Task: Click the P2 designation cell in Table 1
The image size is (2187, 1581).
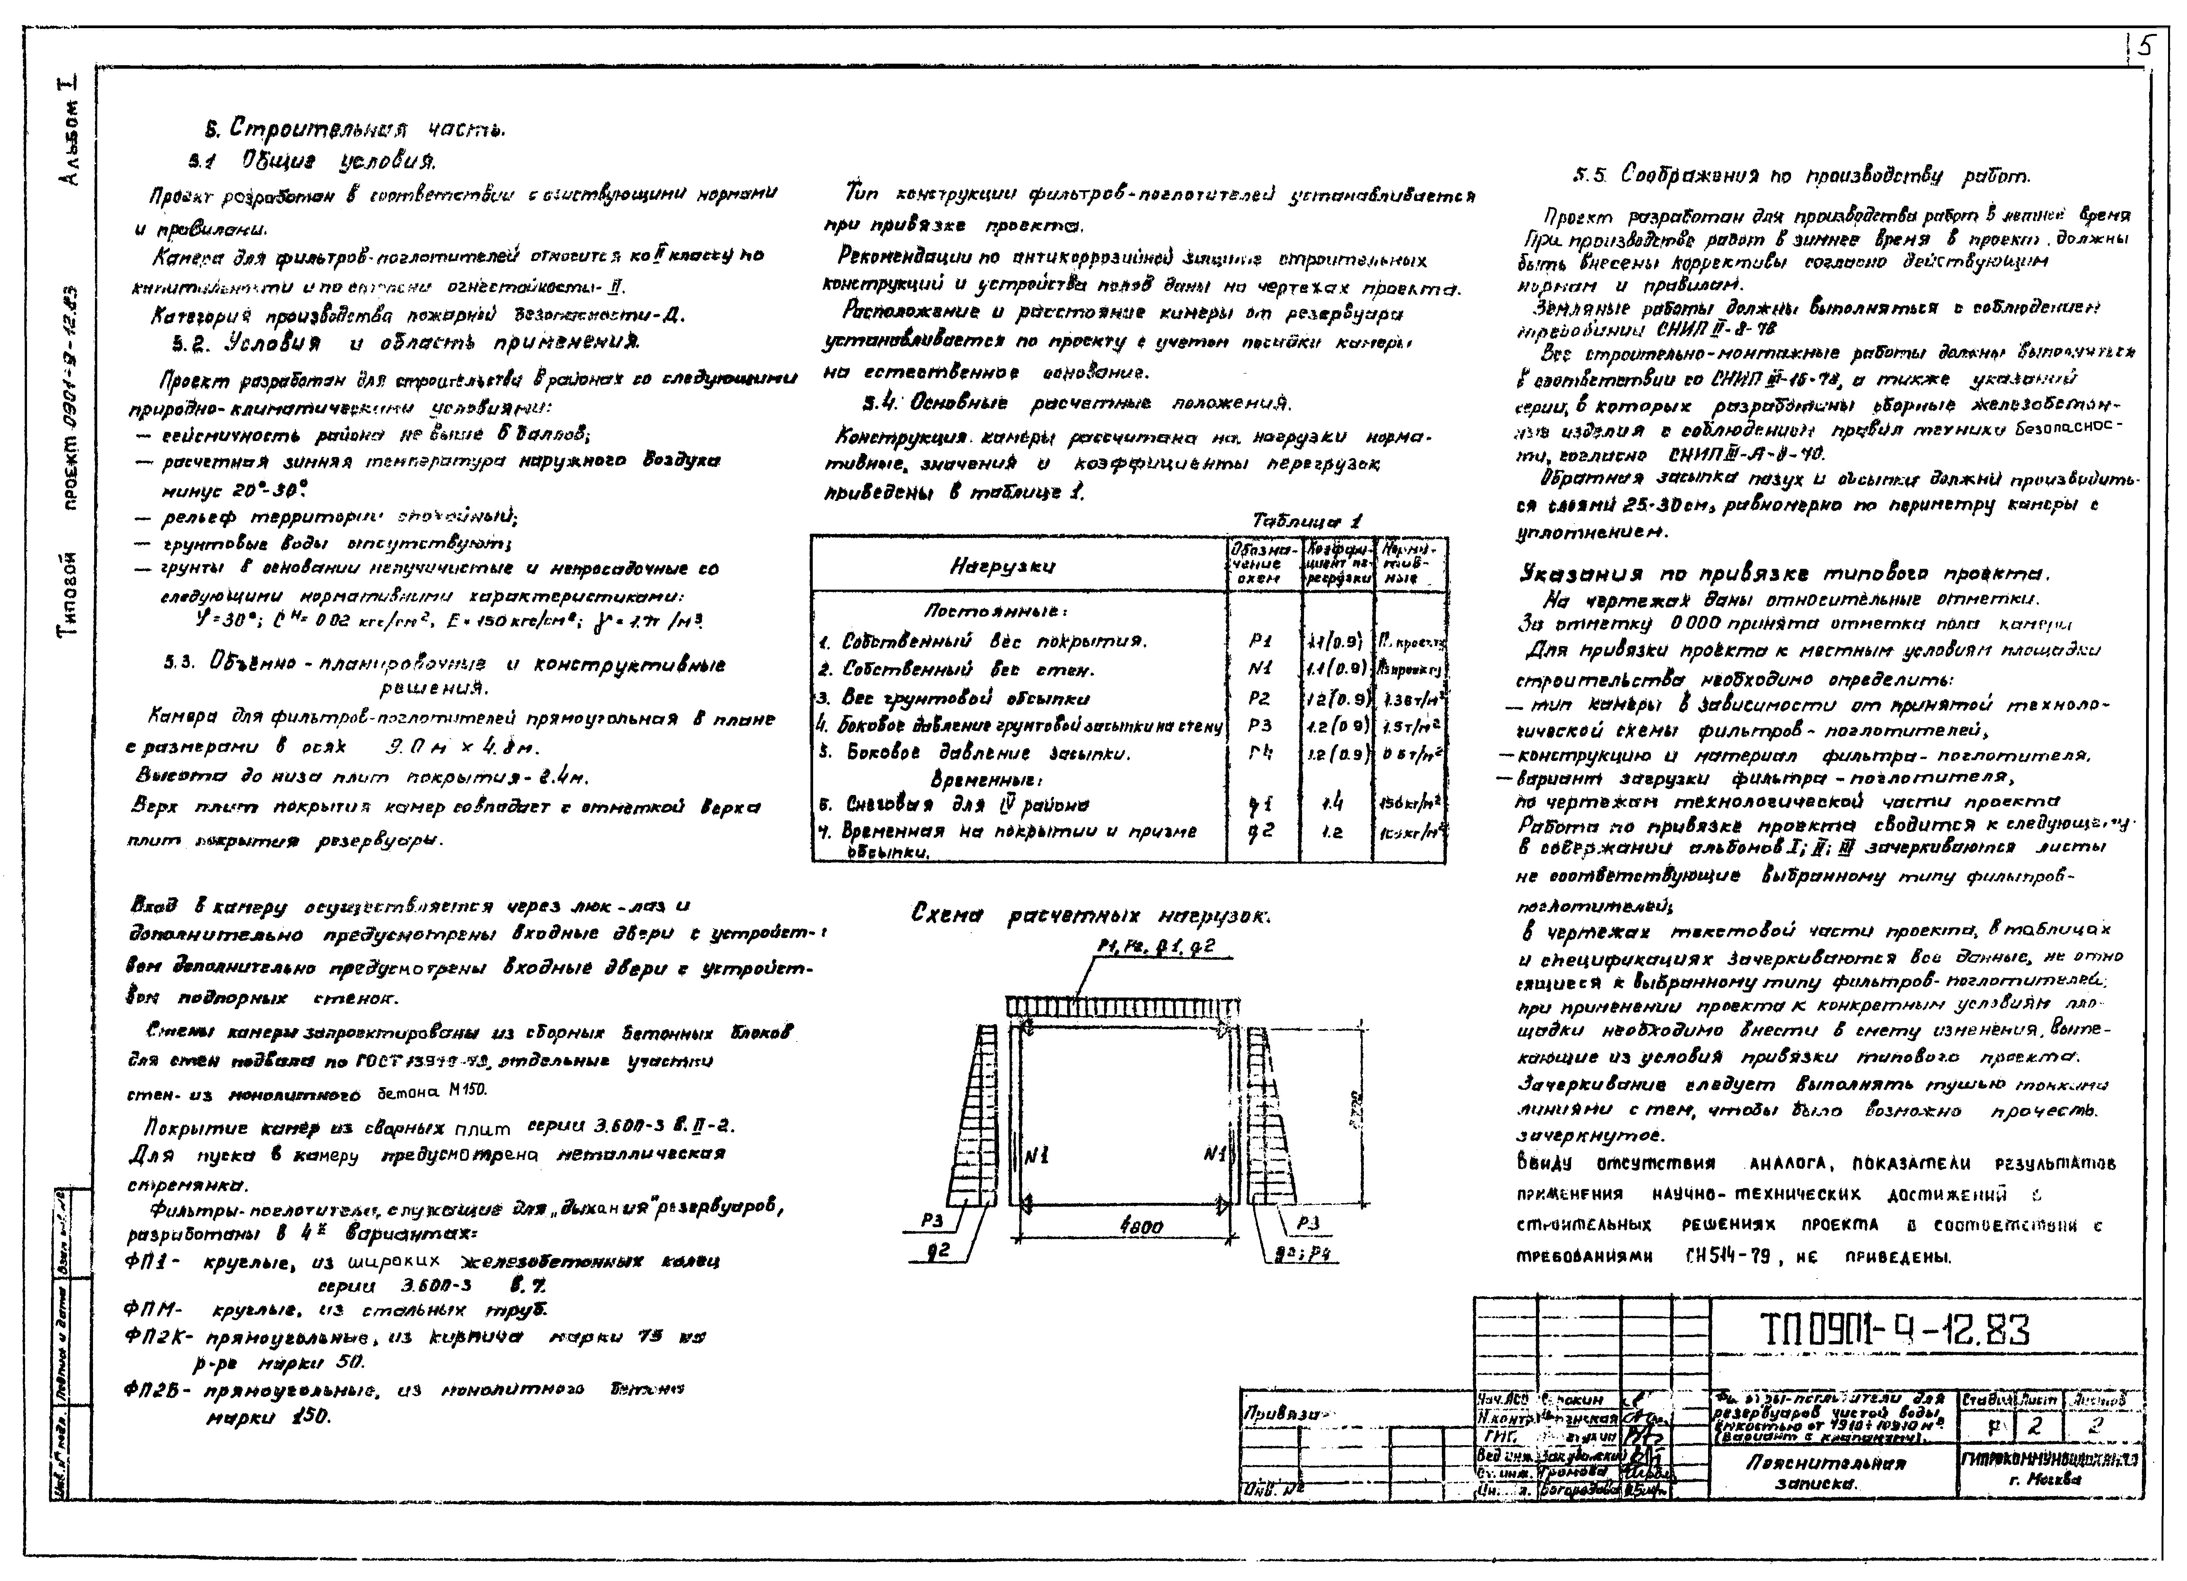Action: coord(1259,697)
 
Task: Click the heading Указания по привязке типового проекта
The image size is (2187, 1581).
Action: coord(1782,575)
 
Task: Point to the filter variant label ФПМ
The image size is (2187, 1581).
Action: coord(154,1310)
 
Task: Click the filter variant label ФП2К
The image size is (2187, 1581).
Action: coord(159,1338)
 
